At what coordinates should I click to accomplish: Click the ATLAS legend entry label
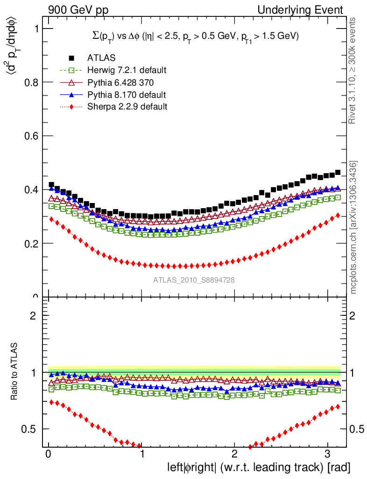[101, 58]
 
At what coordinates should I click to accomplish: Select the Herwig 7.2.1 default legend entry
[127, 71]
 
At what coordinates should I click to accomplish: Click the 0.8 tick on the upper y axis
[30, 82]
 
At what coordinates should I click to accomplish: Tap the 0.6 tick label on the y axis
[30, 136]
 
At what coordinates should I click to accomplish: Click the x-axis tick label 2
[235, 454]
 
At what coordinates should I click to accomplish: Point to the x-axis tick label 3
[328, 454]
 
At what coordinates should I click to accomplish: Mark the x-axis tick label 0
[49, 454]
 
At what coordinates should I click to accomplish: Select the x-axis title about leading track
[258, 467]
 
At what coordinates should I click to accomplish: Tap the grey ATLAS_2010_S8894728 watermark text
[194, 280]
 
